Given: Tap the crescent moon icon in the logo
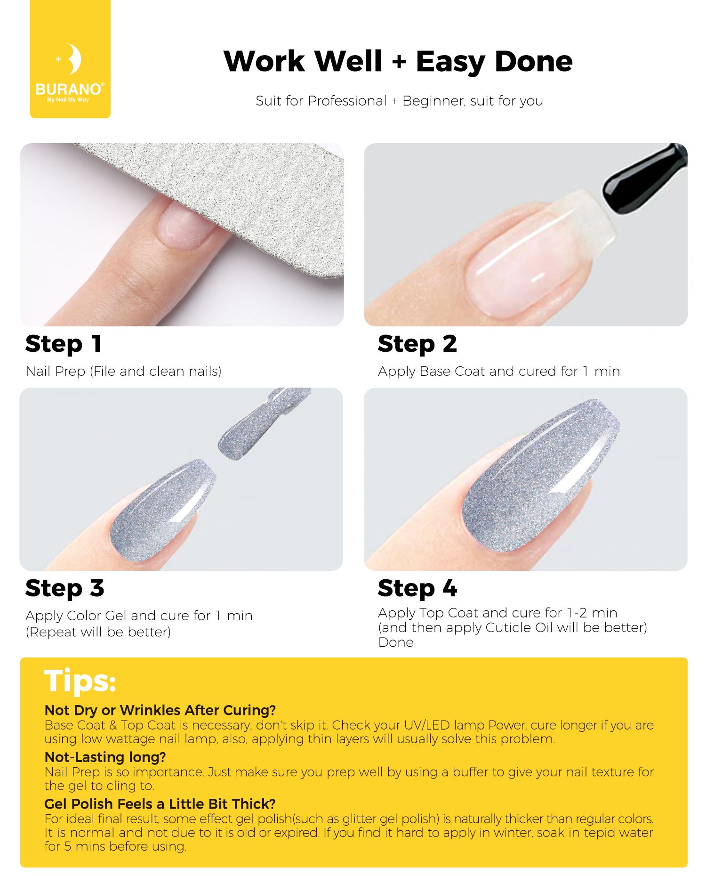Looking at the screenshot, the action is point(74,59).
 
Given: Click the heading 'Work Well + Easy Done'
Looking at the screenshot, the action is point(398,62).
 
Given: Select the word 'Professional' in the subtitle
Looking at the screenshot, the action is point(347,101).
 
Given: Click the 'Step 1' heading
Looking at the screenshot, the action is point(64,344).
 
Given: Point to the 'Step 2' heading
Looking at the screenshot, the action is point(417,344).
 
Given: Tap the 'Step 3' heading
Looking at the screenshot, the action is point(64,588).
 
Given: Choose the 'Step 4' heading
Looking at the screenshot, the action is point(417,588).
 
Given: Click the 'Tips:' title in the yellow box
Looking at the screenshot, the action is point(80,681).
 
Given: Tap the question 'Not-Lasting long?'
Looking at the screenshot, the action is point(105,757).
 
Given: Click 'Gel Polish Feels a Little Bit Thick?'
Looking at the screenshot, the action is point(160,803).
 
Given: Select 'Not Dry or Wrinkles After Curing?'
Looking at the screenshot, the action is point(160,710).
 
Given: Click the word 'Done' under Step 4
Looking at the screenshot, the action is point(396,642).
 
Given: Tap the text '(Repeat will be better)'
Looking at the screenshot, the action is point(98,632).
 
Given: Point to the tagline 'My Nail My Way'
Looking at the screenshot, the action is point(68,100).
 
